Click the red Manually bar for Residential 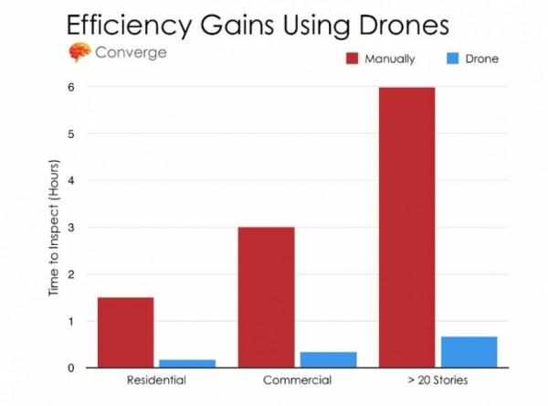point(125,332)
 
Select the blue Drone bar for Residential point(187,363)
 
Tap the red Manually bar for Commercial point(266,297)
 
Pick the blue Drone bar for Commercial point(328,359)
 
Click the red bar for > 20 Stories point(406,228)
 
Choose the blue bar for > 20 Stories point(469,352)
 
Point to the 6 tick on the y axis point(70,88)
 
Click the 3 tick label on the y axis point(70,228)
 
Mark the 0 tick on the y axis point(70,368)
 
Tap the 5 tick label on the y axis point(70,134)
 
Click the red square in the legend point(352,59)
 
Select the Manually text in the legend point(394,59)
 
